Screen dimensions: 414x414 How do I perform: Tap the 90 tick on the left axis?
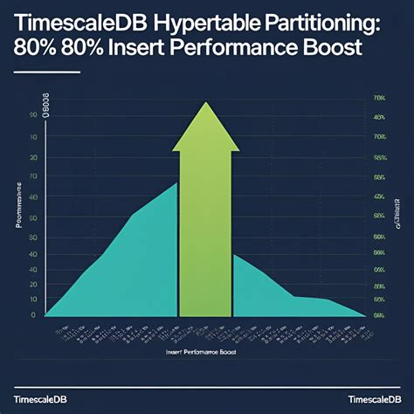coord(32,115)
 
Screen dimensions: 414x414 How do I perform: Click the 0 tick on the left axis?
coord(32,314)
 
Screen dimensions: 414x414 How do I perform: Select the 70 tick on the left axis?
coord(32,177)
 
